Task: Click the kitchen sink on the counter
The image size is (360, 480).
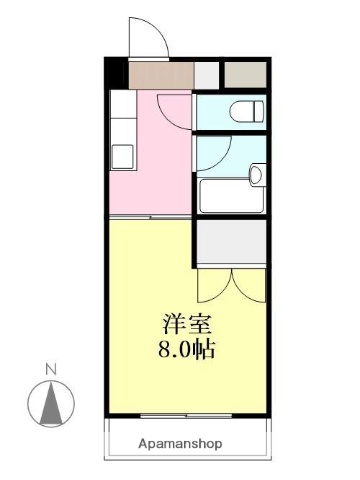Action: click(x=122, y=156)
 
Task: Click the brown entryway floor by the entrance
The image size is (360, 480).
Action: click(x=160, y=75)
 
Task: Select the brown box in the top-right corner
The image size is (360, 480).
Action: click(x=246, y=75)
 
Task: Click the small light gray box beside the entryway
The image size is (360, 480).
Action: click(x=206, y=75)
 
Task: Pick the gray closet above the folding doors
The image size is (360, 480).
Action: click(x=231, y=241)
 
